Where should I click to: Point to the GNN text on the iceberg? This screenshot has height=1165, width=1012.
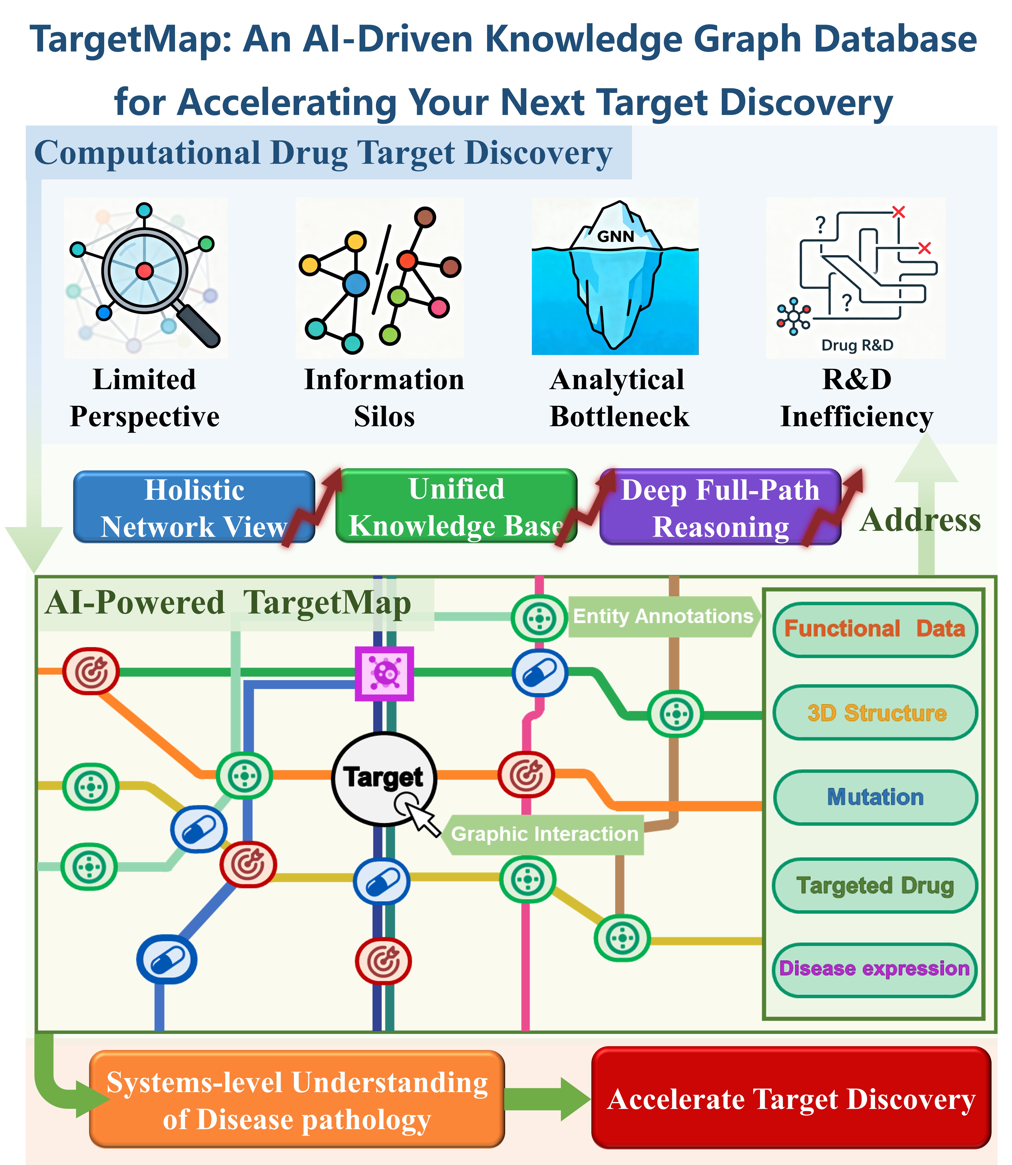(616, 236)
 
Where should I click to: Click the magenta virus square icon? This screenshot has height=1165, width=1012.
(384, 673)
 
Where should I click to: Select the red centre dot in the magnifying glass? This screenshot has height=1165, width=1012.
(145, 271)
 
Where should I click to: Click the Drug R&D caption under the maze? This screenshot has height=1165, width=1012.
(857, 345)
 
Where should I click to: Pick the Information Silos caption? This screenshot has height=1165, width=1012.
(384, 398)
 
